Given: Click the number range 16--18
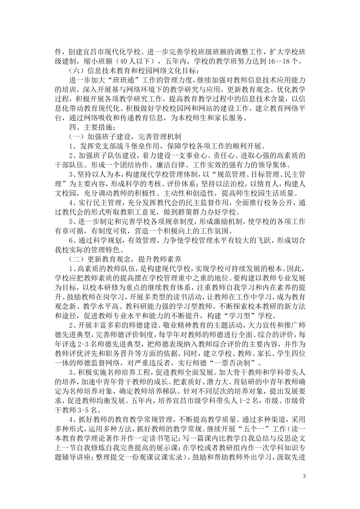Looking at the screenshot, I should click(x=280, y=61).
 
